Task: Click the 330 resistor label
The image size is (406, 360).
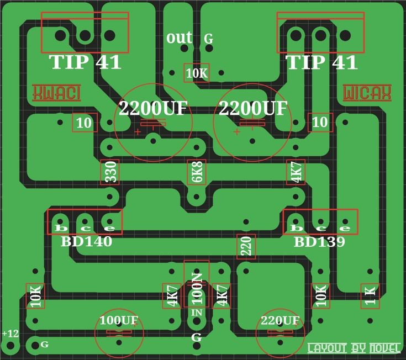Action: coord(110,173)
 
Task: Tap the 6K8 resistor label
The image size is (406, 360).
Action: coord(196,173)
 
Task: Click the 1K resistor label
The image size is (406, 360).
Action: coord(370,295)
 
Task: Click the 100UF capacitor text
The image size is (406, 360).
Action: coord(118,320)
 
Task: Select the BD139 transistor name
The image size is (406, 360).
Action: coord(319,241)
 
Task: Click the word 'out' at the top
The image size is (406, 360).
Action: coord(180,38)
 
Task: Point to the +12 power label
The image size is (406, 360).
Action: coord(10,333)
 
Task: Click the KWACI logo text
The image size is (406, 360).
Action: coord(57,93)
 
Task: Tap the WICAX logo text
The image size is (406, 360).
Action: coord(367,93)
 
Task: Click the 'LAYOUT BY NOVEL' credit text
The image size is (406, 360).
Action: coord(354,348)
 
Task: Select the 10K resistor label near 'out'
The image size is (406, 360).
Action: coord(196,73)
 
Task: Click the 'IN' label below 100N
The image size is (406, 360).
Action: coord(196,313)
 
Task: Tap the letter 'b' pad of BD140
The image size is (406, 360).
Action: coord(59,228)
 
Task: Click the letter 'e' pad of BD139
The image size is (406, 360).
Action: coord(345,228)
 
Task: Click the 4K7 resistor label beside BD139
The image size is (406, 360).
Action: coord(296,173)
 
